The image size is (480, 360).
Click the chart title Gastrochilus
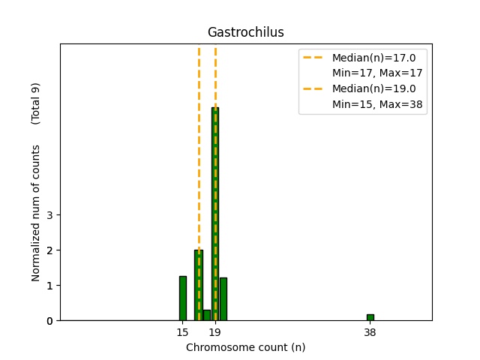click(245, 32)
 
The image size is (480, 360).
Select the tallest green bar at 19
click(215, 214)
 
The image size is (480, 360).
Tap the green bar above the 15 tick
click(182, 298)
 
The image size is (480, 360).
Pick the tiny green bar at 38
click(370, 317)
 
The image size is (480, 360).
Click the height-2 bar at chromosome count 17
click(199, 285)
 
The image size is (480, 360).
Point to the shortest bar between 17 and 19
click(207, 315)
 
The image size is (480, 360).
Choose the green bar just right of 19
click(223, 299)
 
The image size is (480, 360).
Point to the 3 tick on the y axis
click(49, 215)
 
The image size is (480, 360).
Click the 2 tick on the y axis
click(49, 250)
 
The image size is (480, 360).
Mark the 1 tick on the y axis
click(49, 286)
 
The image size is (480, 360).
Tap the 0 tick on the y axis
click(49, 321)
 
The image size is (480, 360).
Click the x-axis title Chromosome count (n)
click(245, 347)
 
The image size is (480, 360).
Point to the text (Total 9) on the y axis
click(35, 103)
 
